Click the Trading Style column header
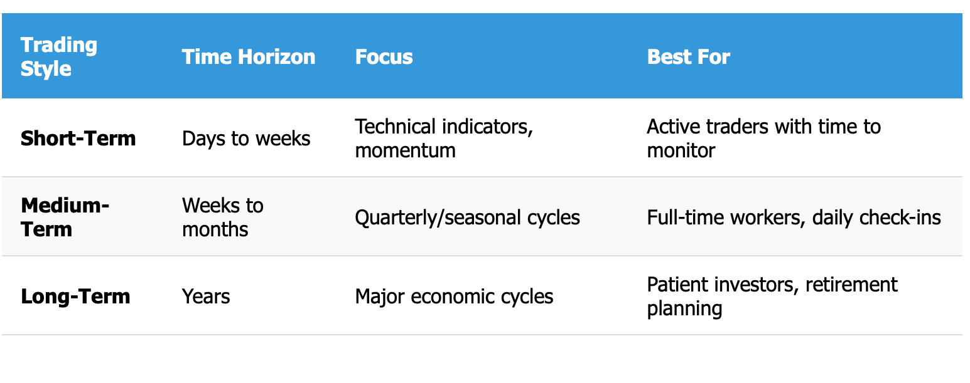coord(59,56)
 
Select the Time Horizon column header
coord(249,56)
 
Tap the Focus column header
coord(384,56)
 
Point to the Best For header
coord(689,56)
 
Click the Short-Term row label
coord(78,139)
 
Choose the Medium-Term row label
coord(65,217)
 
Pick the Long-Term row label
coord(75,296)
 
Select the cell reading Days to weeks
coord(246,139)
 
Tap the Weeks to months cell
coord(223,217)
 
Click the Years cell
coord(206,296)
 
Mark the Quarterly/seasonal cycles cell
coord(467,218)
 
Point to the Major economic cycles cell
coord(454,296)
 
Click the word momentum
coord(406,151)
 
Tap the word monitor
coord(681,151)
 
